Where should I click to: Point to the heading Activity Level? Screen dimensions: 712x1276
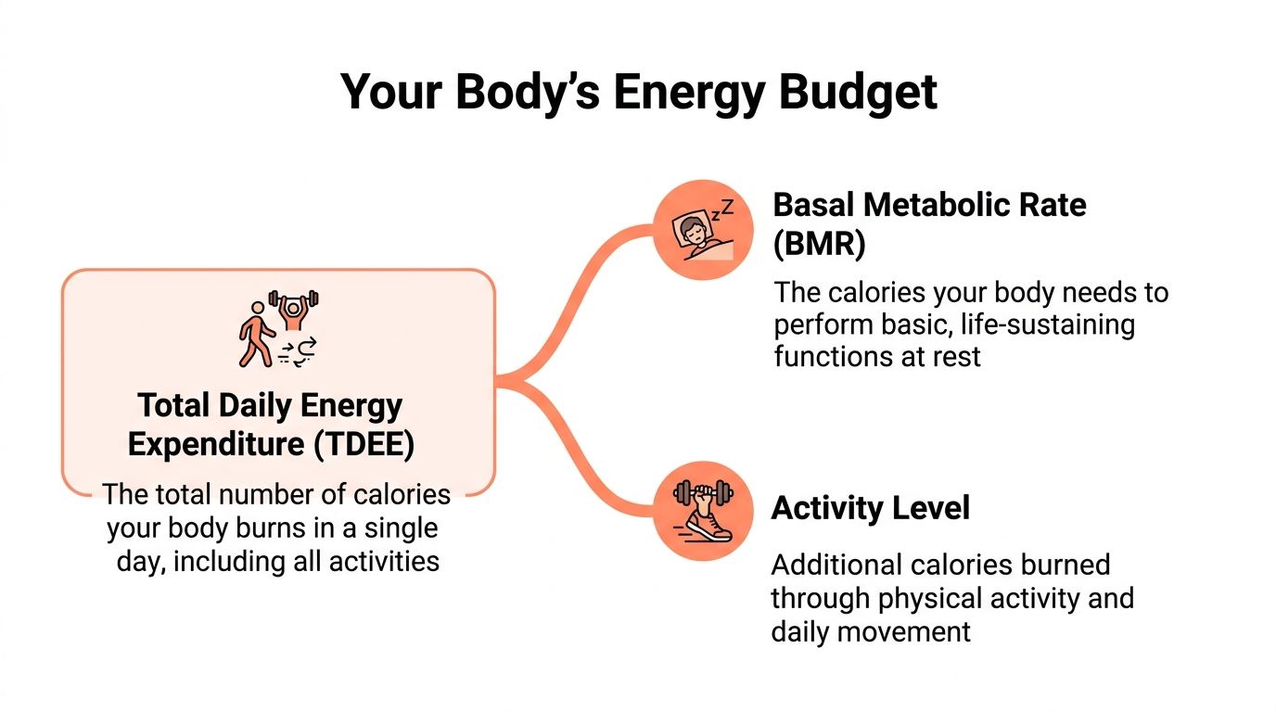[x=870, y=508]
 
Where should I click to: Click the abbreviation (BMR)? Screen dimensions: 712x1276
[x=819, y=244]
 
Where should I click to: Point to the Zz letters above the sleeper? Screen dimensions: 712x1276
[x=721, y=209]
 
